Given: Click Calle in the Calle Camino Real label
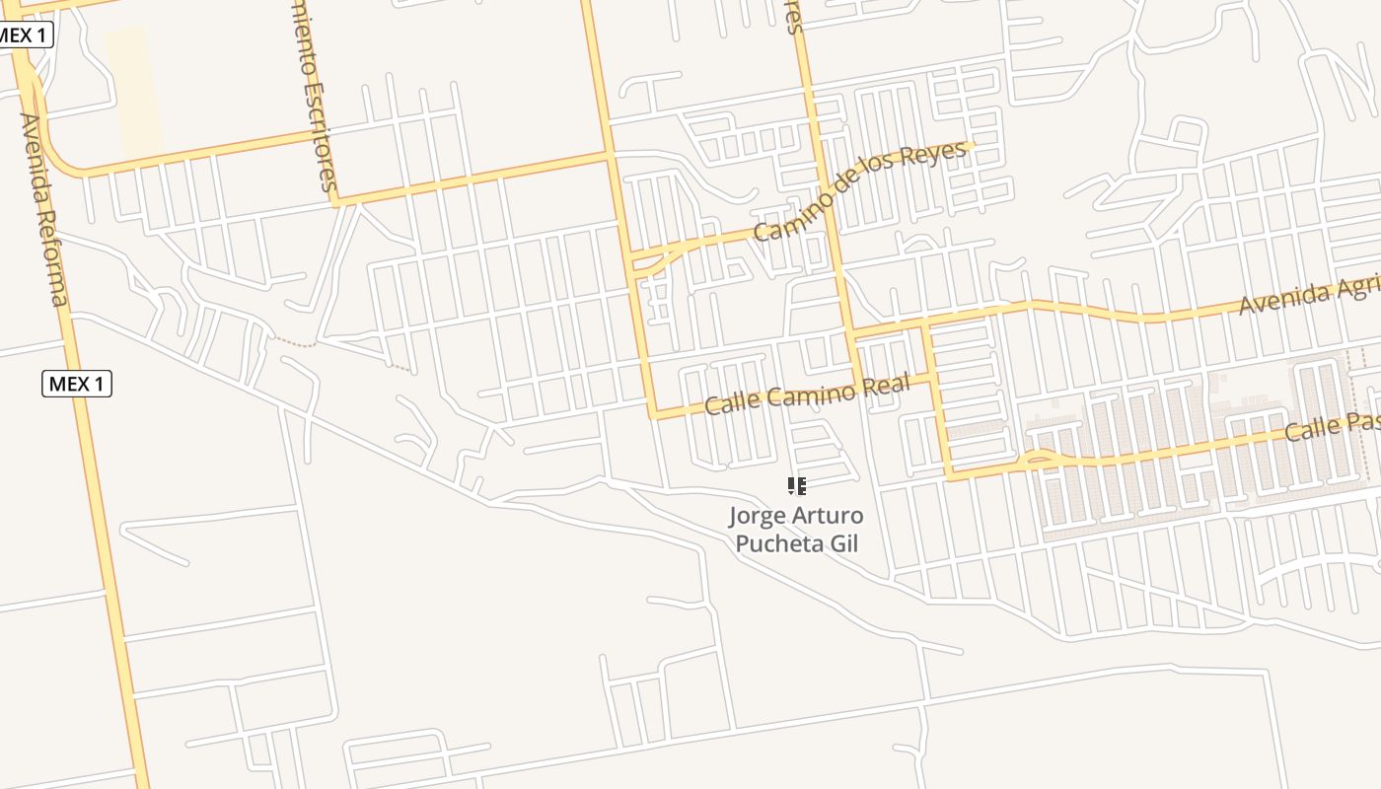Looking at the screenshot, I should pyautogui.click(x=729, y=403).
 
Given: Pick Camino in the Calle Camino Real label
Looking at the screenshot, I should pyautogui.click(x=806, y=394).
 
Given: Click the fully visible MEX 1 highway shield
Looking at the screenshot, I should pyautogui.click(x=77, y=384).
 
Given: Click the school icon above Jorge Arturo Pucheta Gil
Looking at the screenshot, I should pyautogui.click(x=796, y=485).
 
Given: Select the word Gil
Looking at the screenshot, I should pyautogui.click(x=841, y=542).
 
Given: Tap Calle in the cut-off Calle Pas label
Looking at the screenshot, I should pyautogui.click(x=1312, y=431).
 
